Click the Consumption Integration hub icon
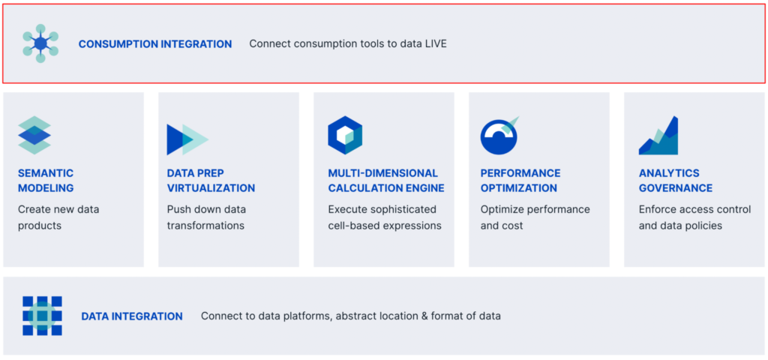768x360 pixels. click(x=40, y=43)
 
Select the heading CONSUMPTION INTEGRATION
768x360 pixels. click(x=155, y=44)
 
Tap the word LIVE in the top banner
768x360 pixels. click(x=434, y=44)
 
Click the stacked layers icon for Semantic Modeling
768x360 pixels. click(x=34, y=136)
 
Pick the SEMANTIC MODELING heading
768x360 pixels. click(x=46, y=181)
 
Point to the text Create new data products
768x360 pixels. click(x=58, y=217)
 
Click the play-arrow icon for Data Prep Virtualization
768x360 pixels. click(x=187, y=139)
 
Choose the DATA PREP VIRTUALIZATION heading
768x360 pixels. click(x=211, y=181)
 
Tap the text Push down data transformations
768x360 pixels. click(x=206, y=217)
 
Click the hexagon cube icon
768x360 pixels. click(x=345, y=136)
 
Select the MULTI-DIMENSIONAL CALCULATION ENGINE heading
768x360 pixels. click(x=386, y=181)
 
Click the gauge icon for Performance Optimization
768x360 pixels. click(x=499, y=136)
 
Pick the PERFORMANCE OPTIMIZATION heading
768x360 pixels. click(x=520, y=181)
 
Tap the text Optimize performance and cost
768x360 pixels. click(x=535, y=217)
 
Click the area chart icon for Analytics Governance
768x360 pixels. click(x=658, y=136)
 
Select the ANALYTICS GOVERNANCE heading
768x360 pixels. click(x=676, y=181)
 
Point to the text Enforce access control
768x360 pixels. click(x=694, y=209)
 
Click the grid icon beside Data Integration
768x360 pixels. click(x=42, y=316)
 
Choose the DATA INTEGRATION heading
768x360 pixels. click(x=132, y=316)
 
